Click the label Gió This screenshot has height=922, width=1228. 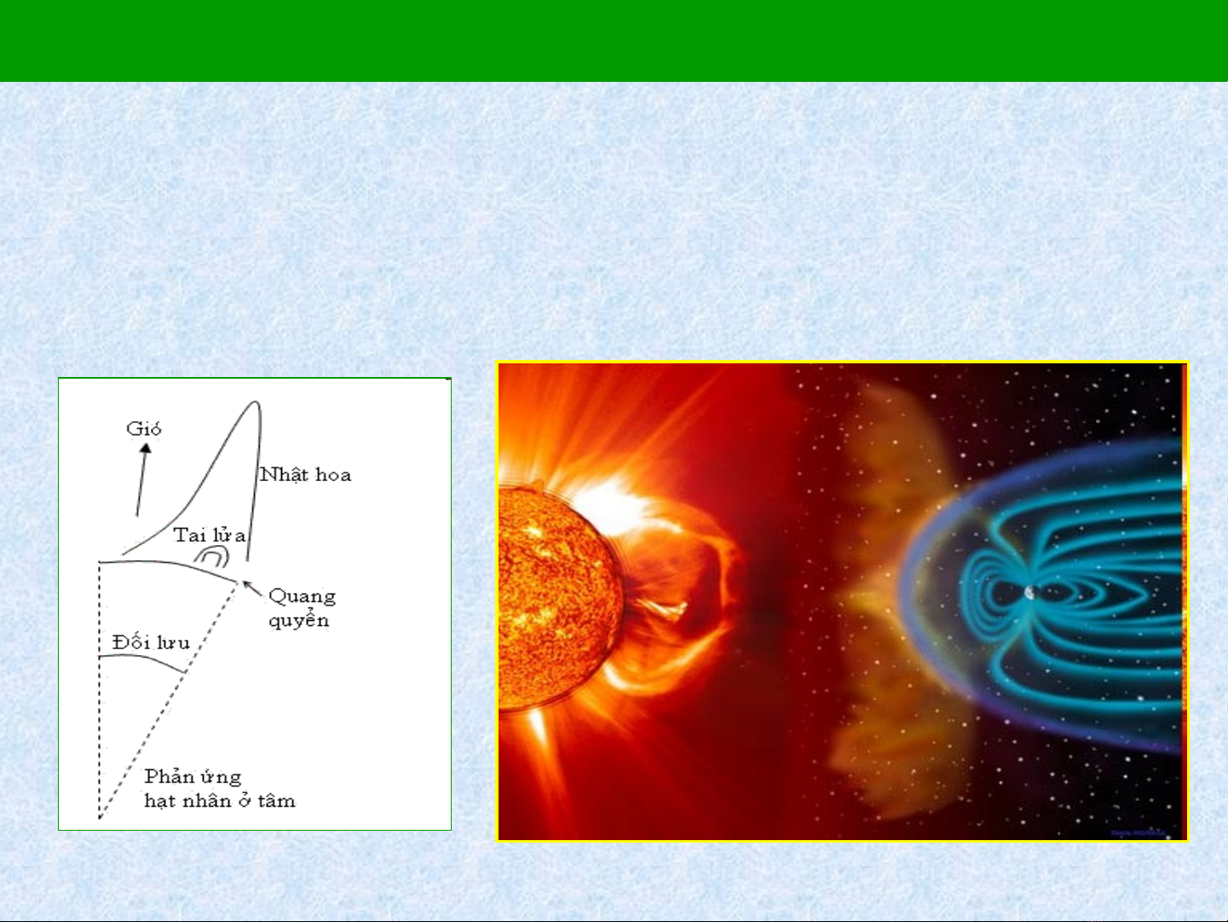pyautogui.click(x=144, y=429)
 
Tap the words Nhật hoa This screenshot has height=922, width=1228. pyautogui.click(x=305, y=474)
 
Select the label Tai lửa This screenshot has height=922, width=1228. pyautogui.click(x=210, y=535)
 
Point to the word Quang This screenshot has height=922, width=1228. pyautogui.click(x=303, y=597)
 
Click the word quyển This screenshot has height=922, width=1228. pyautogui.click(x=299, y=620)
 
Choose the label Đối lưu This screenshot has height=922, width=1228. pyautogui.click(x=151, y=641)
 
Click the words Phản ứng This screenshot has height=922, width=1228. pyautogui.click(x=193, y=776)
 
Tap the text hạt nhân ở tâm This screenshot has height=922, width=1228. pyautogui.click(x=220, y=801)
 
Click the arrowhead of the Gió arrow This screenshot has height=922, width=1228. pyautogui.click(x=146, y=448)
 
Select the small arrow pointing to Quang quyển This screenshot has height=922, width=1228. pyautogui.click(x=252, y=589)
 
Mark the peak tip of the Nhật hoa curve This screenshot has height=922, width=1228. pyautogui.click(x=257, y=401)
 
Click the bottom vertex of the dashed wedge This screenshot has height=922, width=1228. pyautogui.click(x=100, y=819)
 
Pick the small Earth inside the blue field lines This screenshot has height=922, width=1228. pyautogui.click(x=1030, y=592)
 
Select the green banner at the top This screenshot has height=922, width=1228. pyautogui.click(x=614, y=40)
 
